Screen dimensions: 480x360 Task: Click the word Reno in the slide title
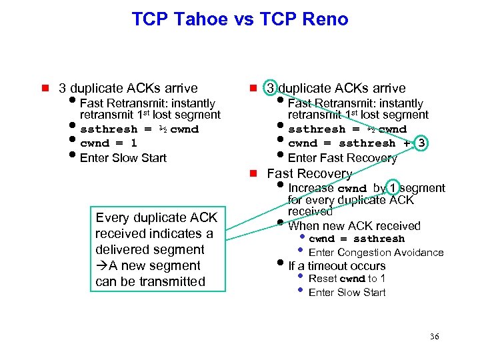[x=325, y=19]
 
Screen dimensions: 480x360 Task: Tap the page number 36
[x=434, y=337]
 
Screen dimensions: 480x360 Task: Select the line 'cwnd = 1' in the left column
[x=108, y=143]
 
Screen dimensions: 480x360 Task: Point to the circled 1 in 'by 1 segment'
[x=395, y=188]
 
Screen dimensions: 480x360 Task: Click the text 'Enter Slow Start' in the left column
[x=123, y=158]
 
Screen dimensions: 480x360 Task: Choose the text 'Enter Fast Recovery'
[x=342, y=158]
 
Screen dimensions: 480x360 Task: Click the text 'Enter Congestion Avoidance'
[x=376, y=253]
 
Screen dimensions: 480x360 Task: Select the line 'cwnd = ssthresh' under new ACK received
[x=356, y=239]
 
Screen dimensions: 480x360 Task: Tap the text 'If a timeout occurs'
[x=337, y=266]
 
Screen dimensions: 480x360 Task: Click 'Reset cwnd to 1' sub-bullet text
[x=347, y=279]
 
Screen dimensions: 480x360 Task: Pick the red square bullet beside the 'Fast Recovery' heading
[x=253, y=174]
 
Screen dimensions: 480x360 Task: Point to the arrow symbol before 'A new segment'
[x=101, y=266]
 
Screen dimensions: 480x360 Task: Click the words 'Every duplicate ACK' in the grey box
[x=157, y=218]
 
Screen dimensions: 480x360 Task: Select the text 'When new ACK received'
[x=354, y=226]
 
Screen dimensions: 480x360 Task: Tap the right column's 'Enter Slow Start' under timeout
[x=347, y=293]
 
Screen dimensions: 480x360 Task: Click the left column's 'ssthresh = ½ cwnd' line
[x=139, y=129]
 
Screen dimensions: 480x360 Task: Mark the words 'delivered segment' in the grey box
[x=149, y=250]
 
